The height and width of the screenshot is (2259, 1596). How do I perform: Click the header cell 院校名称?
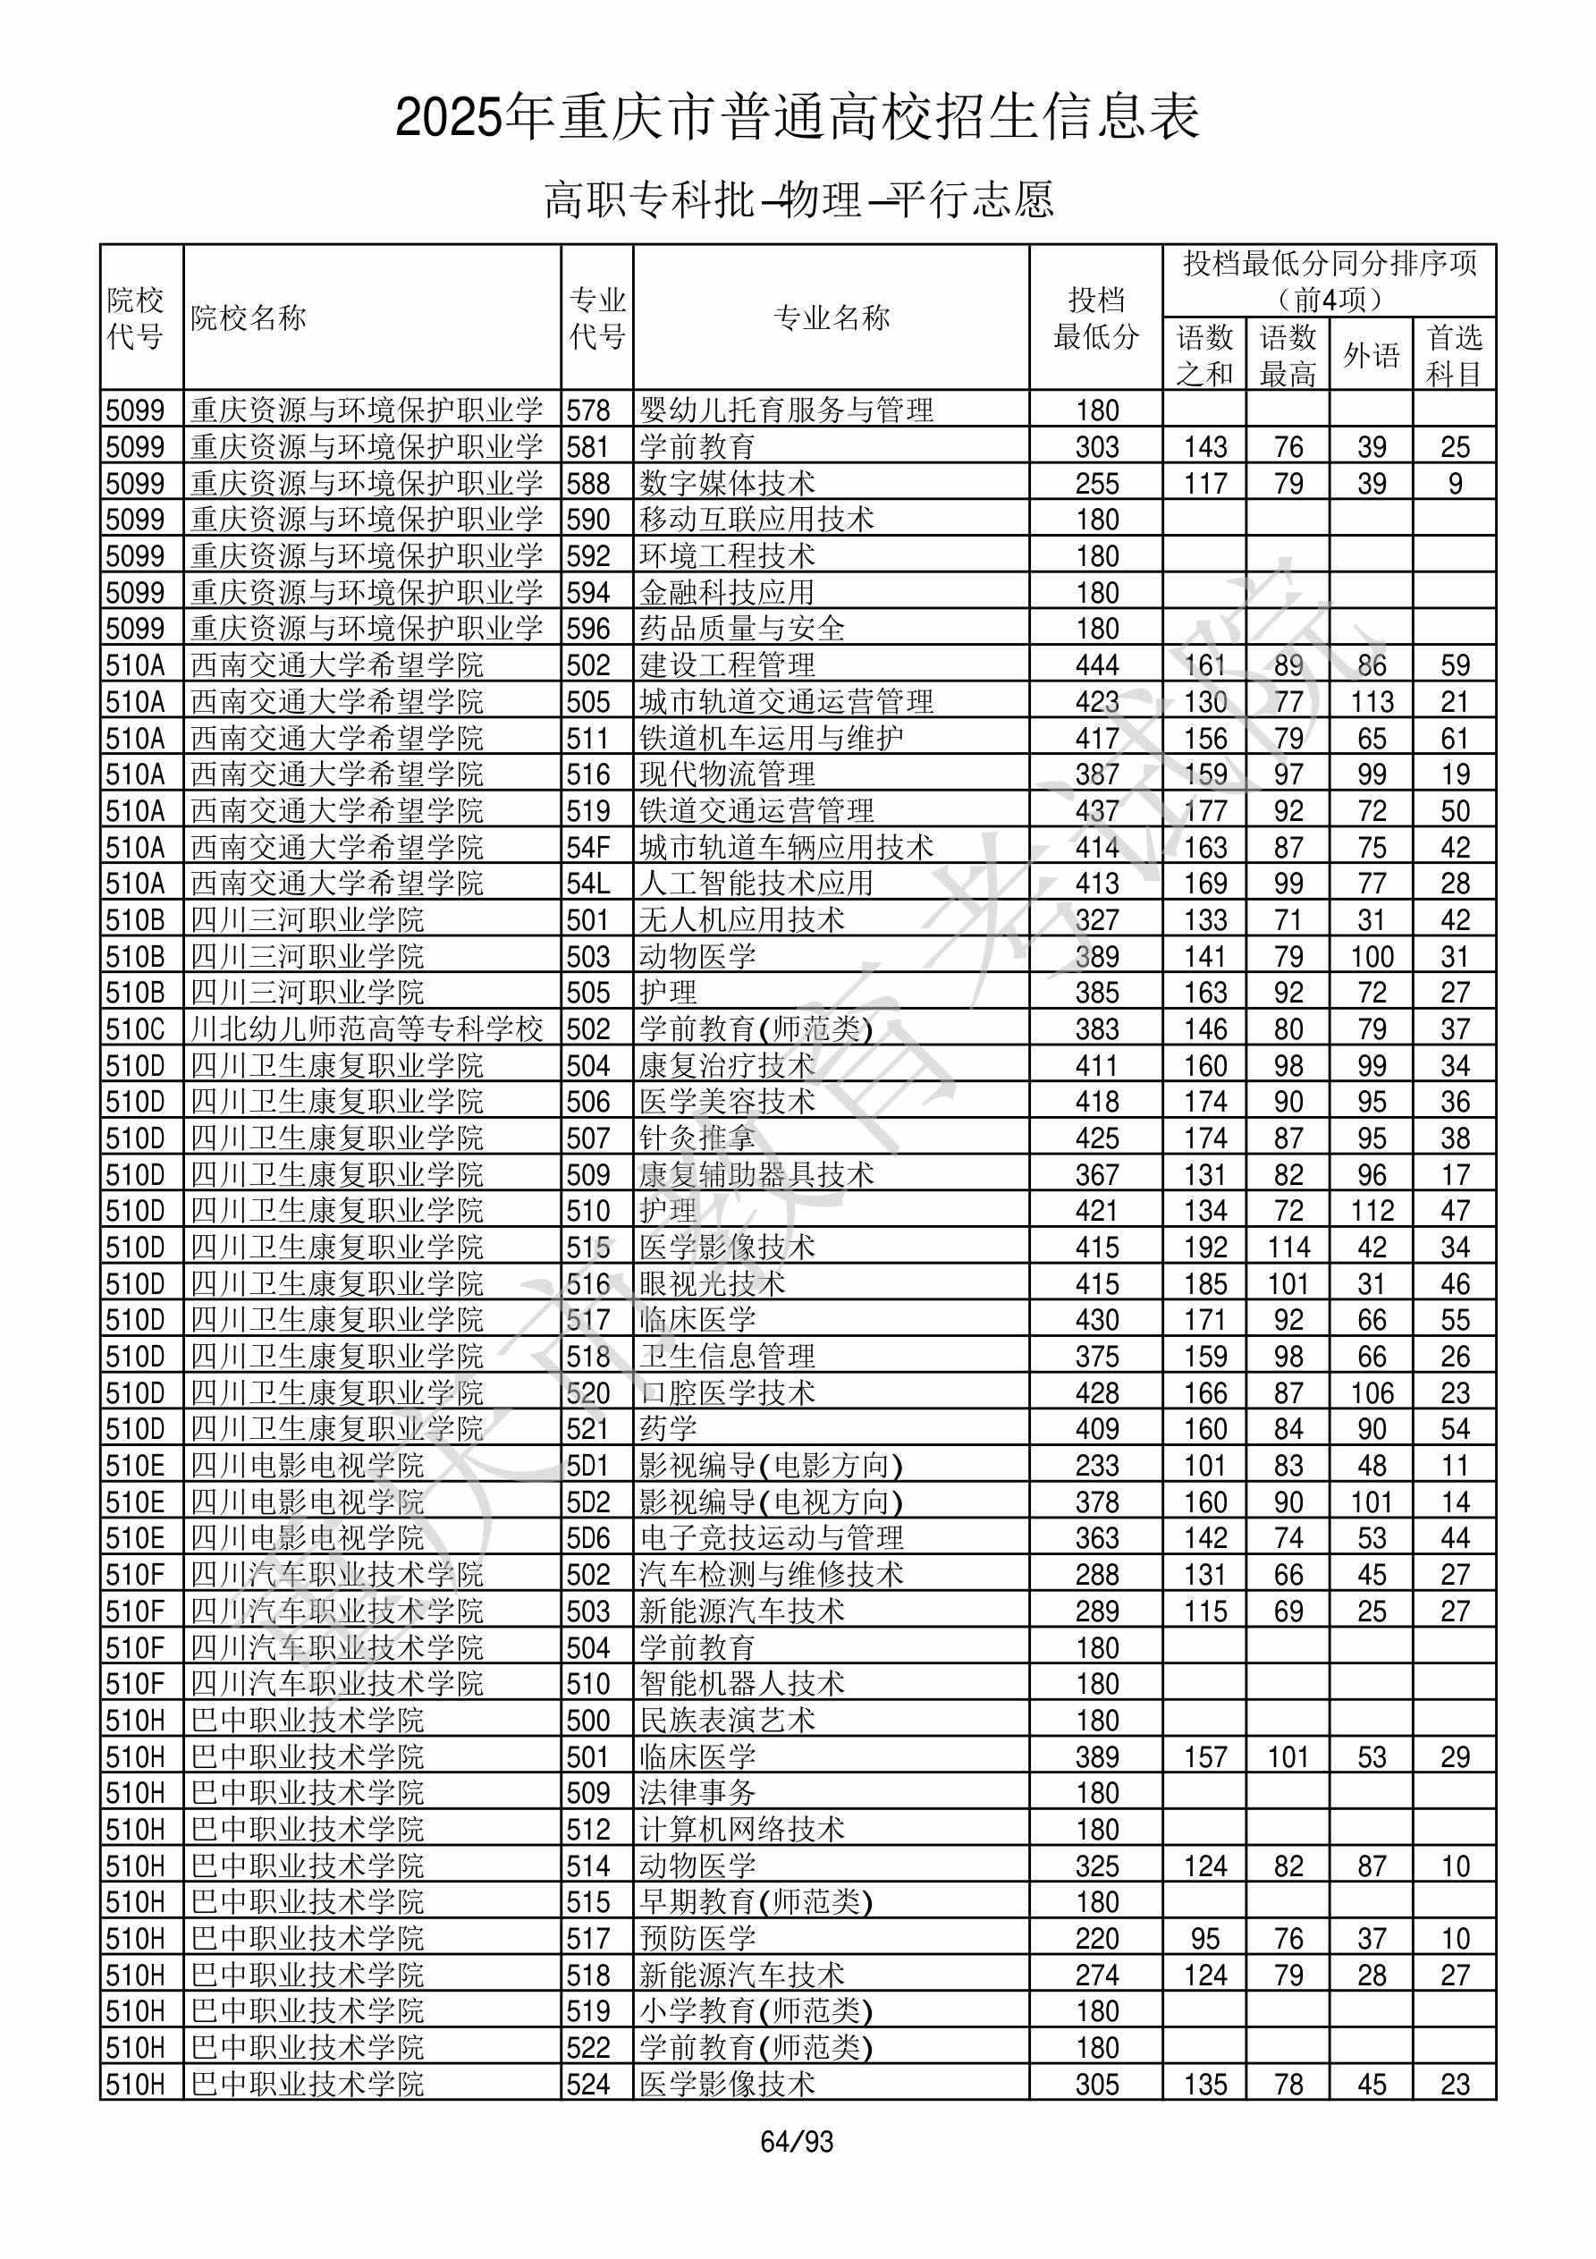[x=249, y=317]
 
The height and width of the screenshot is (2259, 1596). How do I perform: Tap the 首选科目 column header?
[x=1455, y=355]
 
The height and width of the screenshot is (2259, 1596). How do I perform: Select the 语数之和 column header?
[x=1204, y=355]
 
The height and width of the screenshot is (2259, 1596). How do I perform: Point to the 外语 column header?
[x=1371, y=355]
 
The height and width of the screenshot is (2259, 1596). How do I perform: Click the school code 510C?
[x=136, y=1029]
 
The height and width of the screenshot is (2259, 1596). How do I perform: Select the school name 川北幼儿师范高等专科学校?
[x=366, y=1029]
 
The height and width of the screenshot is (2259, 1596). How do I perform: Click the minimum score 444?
[x=1096, y=665]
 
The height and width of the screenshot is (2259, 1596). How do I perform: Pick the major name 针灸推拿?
[x=697, y=1138]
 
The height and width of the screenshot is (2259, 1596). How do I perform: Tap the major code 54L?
[x=588, y=884]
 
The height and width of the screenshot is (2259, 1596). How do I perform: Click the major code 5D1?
[x=588, y=1466]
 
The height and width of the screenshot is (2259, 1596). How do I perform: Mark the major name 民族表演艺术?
[x=726, y=1720]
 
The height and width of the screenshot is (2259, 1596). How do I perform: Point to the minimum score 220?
[x=1096, y=1938]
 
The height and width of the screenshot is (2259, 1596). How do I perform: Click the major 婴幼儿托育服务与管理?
[x=785, y=410]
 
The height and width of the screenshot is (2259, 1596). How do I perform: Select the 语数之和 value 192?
[x=1204, y=1248]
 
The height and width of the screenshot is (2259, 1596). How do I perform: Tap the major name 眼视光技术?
[x=712, y=1284]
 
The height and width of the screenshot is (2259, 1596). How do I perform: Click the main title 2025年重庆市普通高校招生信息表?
[x=797, y=117]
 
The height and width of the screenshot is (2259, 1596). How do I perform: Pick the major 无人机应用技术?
[x=741, y=920]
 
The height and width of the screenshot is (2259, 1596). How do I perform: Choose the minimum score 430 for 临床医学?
[x=1096, y=1320]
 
